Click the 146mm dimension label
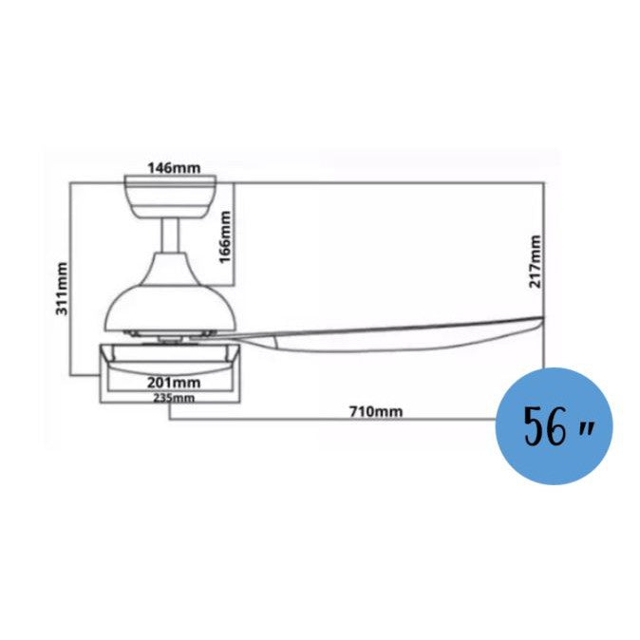(x=174, y=168)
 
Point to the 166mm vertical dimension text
(x=225, y=237)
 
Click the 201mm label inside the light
(x=173, y=382)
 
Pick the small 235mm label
(x=173, y=398)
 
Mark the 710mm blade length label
(x=375, y=411)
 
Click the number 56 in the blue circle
(x=539, y=428)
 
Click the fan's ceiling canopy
(x=173, y=194)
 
